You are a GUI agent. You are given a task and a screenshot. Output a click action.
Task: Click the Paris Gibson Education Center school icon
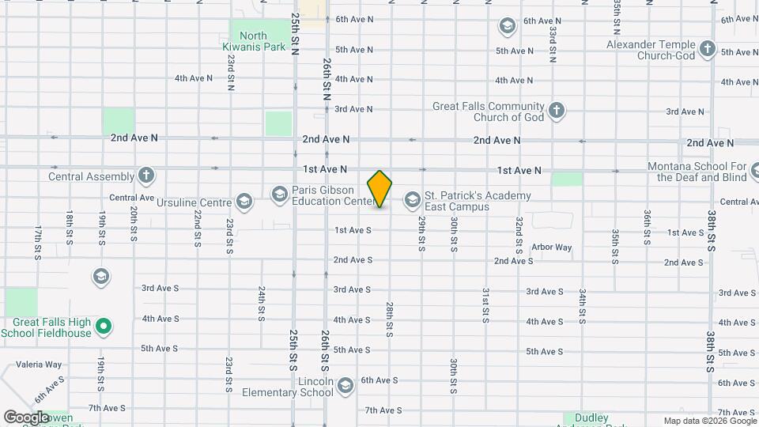(x=279, y=194)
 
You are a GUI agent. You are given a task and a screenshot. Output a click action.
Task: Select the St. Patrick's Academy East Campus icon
(x=412, y=199)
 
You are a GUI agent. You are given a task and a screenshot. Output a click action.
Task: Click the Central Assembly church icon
(x=145, y=176)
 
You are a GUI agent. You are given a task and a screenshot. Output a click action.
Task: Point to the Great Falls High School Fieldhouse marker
(x=103, y=325)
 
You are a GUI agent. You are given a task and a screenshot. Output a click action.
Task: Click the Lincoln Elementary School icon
(x=344, y=386)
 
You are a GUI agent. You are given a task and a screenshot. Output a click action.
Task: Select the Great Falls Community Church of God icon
(x=557, y=111)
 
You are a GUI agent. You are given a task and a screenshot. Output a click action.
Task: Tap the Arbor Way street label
(x=551, y=248)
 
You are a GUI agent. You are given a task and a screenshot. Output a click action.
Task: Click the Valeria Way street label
(x=42, y=365)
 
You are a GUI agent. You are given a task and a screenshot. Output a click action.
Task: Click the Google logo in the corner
(x=26, y=416)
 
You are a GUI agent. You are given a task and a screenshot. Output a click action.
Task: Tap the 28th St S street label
(x=390, y=319)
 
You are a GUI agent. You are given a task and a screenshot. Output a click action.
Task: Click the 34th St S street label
(x=582, y=307)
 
